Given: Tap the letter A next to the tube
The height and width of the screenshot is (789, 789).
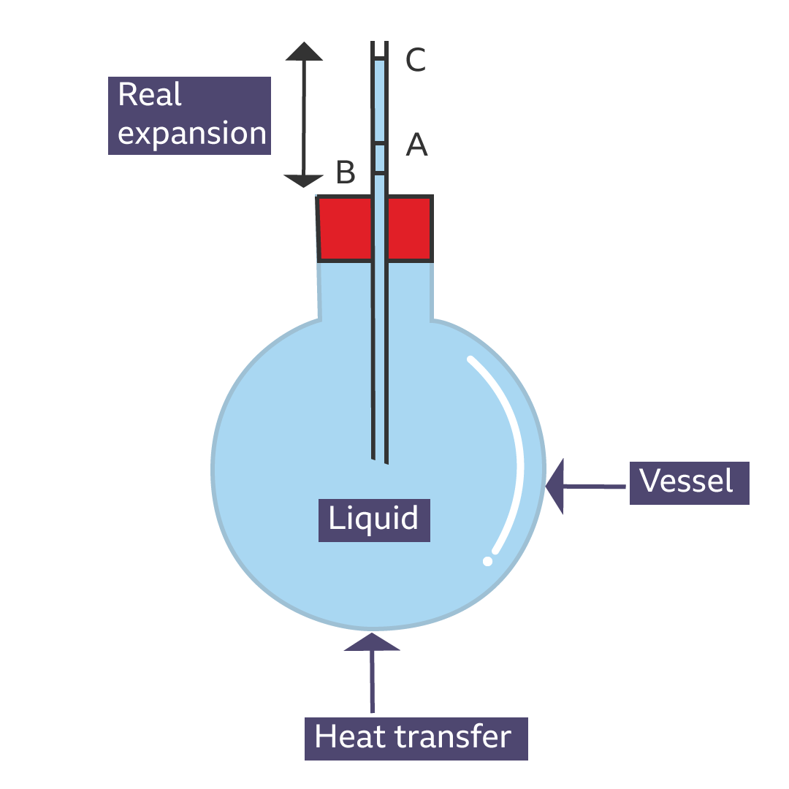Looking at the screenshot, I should (416, 145).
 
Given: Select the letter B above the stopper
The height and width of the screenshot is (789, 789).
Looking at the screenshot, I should (346, 173).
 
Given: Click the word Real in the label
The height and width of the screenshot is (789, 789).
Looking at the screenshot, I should (150, 96).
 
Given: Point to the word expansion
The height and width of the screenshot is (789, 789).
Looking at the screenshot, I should (192, 134).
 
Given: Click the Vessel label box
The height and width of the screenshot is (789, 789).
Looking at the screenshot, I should (689, 482).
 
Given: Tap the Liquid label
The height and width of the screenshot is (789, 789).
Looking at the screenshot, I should (373, 519).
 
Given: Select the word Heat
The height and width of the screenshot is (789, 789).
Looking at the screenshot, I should (348, 737).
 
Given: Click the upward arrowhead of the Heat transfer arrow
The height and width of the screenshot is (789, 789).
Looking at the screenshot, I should (372, 641).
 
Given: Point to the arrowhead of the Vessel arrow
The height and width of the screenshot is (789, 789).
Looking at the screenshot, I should (556, 485).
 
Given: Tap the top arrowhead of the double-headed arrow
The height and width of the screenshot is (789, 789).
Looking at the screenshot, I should (304, 51).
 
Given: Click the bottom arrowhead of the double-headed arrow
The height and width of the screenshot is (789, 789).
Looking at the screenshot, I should (304, 180).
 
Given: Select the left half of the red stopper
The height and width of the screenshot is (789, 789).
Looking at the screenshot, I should (345, 228).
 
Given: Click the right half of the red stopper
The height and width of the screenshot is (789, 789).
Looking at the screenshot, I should (410, 228).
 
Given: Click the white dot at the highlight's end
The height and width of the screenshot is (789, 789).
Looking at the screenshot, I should (488, 560).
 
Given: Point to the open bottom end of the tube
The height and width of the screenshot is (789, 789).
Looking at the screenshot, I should (379, 459).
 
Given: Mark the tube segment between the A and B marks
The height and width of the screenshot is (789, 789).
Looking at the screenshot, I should (380, 159).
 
